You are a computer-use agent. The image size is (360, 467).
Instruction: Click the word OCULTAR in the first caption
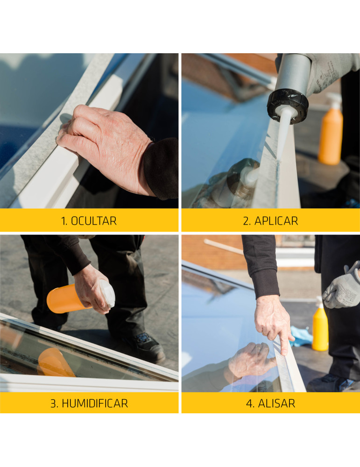tap(93, 221)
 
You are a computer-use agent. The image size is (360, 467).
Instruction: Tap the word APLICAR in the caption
tap(276, 221)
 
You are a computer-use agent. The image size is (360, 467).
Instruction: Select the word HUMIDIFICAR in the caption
tap(95, 403)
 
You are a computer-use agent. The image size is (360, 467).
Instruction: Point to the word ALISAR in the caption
tap(276, 403)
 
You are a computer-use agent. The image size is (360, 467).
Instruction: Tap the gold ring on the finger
tap(265, 334)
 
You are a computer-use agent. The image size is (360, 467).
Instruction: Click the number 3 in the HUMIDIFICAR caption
tap(54, 403)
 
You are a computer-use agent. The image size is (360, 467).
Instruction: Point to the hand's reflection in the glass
tap(252, 361)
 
